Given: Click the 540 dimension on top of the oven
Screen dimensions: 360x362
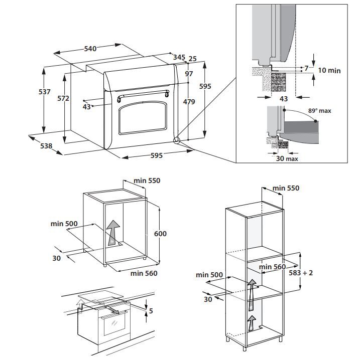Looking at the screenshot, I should click(90, 49).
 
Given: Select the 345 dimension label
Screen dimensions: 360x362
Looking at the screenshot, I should click(179, 57).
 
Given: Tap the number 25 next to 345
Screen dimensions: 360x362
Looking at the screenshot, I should click(192, 59).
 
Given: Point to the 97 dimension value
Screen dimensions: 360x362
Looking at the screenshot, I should click(189, 74).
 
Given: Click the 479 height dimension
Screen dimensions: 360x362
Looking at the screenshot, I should click(188, 102).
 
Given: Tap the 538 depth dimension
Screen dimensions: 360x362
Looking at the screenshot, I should click(46, 146).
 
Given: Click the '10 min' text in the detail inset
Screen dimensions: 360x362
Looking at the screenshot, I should click(327, 70).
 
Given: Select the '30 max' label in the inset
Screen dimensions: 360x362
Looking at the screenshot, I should click(287, 158).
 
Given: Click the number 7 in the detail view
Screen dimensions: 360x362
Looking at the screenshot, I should click(306, 68).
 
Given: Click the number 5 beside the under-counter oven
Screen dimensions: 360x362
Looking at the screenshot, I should click(151, 311).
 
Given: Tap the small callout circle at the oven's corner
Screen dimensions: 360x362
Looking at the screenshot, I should click(176, 140).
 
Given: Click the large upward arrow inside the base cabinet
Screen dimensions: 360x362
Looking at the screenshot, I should click(114, 232).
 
